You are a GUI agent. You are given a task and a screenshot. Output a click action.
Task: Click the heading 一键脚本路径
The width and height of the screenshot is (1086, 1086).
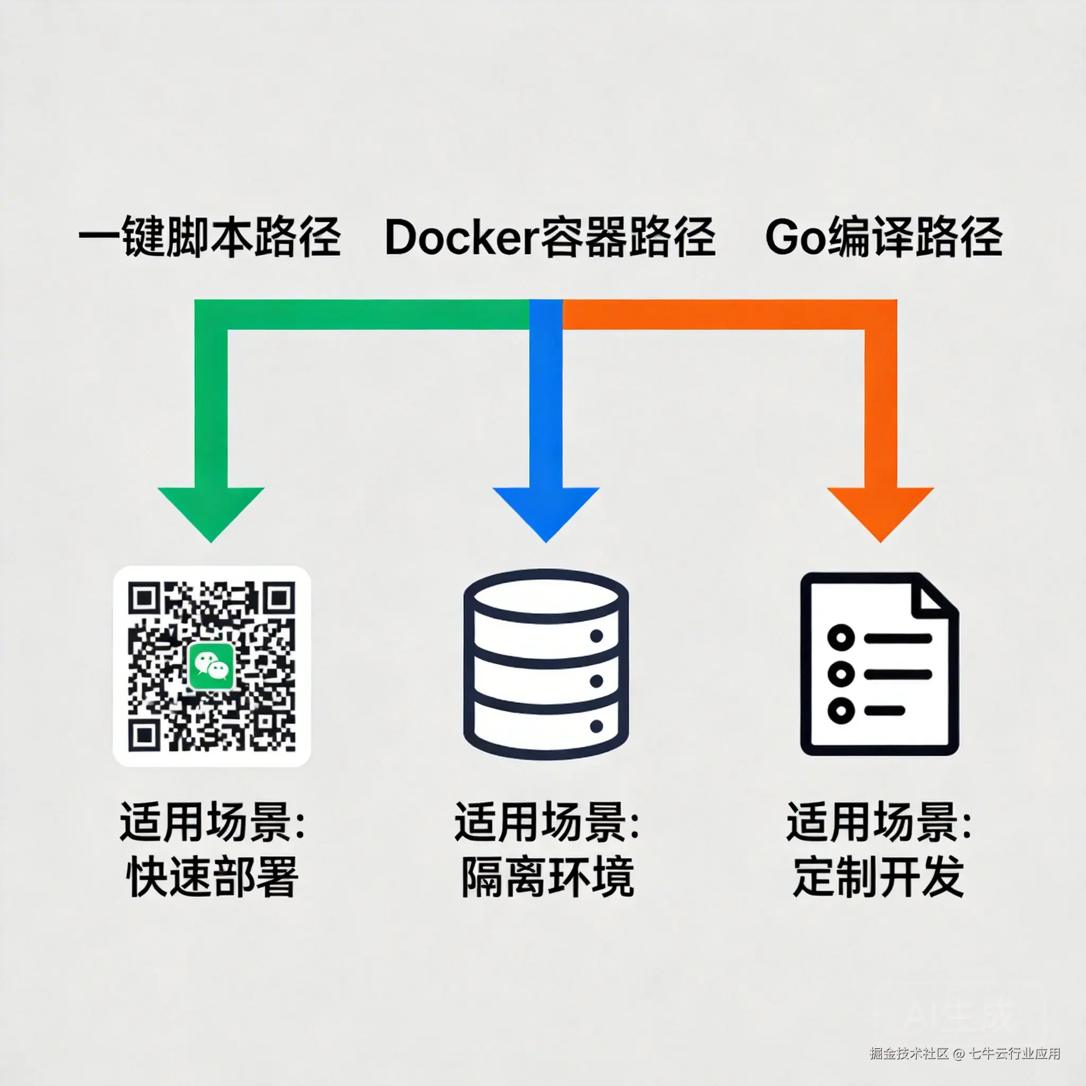(x=209, y=237)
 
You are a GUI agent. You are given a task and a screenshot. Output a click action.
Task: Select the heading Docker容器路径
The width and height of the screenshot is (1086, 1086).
(x=550, y=237)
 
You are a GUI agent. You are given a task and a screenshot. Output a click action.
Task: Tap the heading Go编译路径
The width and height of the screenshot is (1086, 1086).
(x=883, y=237)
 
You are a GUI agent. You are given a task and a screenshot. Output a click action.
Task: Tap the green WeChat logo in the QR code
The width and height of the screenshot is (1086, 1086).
(x=211, y=665)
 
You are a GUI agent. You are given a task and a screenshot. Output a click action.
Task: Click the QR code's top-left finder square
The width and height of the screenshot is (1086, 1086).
(x=144, y=598)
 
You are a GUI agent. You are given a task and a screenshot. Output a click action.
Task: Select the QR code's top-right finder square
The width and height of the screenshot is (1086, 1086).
(x=279, y=598)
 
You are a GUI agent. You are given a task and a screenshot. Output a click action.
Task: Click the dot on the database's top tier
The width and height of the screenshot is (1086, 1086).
(x=597, y=636)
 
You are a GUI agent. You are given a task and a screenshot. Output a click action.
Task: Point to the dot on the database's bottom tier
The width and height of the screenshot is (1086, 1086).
(x=597, y=726)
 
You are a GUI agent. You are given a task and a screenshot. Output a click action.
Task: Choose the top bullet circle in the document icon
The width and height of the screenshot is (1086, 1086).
(x=841, y=638)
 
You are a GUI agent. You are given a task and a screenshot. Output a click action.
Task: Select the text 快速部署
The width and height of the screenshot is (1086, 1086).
(x=212, y=877)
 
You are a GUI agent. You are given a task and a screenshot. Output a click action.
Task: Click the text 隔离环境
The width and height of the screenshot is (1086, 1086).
(x=547, y=877)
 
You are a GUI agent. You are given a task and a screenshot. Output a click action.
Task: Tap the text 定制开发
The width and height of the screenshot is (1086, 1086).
(x=879, y=877)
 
